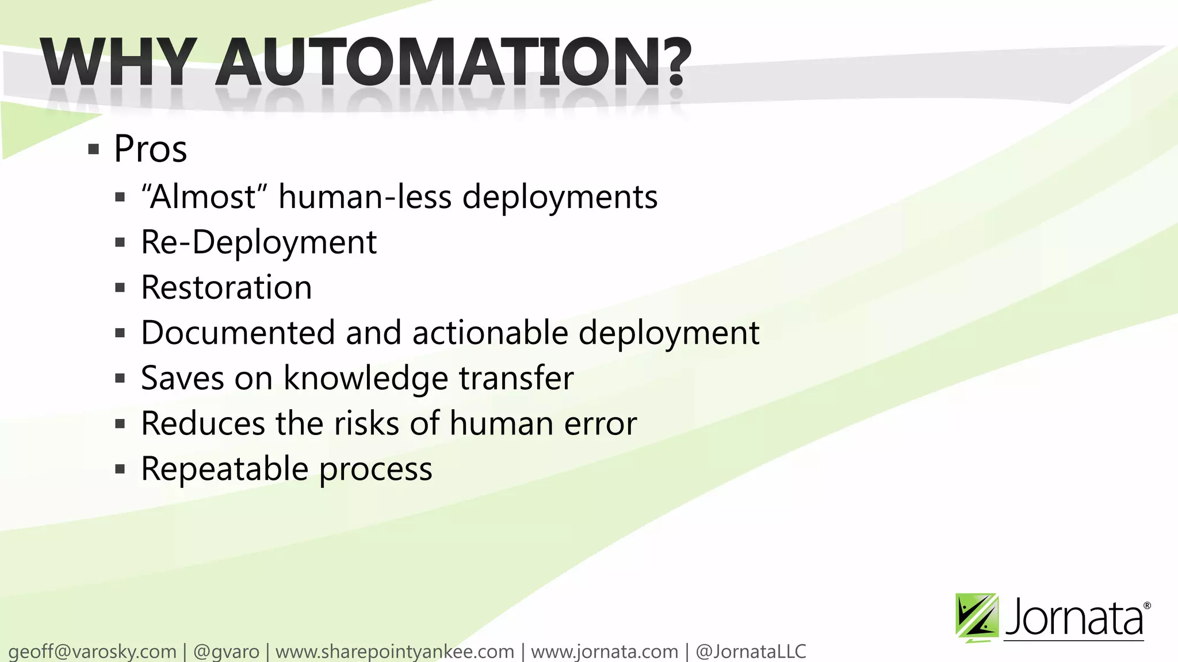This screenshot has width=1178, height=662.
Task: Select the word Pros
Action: [x=150, y=149]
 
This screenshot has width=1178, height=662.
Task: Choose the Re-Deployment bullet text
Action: [x=259, y=242]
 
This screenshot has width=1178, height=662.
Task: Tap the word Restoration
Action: [x=227, y=287]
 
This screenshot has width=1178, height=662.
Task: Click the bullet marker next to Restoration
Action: [x=120, y=287]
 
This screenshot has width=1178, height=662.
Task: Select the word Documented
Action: [x=238, y=333]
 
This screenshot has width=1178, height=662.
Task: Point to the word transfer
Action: [x=516, y=378]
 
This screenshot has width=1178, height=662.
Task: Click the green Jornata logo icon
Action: [x=976, y=617]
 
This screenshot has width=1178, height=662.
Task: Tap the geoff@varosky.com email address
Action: [x=93, y=652]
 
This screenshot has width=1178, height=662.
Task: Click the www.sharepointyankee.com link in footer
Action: [x=395, y=652]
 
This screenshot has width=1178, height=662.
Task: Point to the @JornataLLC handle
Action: [x=751, y=652]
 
